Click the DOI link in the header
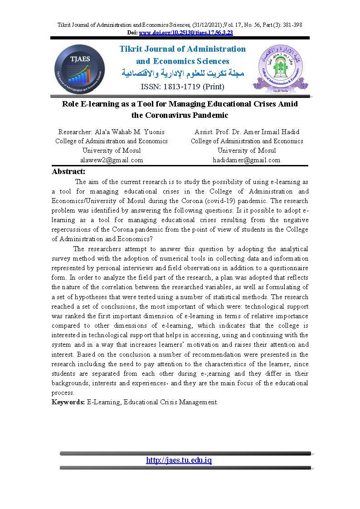click(186, 33)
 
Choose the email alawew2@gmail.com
click(112, 160)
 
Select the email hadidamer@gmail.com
click(247, 160)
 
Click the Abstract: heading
click(68, 171)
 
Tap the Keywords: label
click(68, 402)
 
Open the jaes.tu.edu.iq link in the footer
click(179, 460)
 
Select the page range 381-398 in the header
click(292, 24)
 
